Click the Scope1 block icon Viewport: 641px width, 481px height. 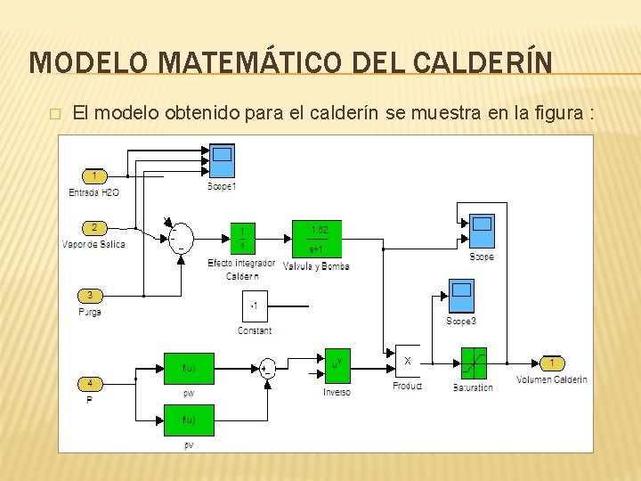pos(222,160)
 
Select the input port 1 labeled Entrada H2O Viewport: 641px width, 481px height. pos(94,175)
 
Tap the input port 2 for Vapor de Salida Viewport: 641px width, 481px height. pos(94,227)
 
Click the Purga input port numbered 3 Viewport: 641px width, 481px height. pos(90,295)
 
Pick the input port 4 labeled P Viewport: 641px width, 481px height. pos(90,384)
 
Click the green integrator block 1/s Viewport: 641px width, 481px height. pos(242,238)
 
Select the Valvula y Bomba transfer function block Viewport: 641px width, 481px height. pos(316,238)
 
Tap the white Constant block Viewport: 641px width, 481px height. pos(255,306)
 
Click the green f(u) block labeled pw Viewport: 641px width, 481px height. pos(189,368)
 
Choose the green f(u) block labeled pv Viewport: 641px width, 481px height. pos(189,420)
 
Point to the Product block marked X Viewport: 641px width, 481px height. pos(408,362)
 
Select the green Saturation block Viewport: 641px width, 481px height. pos(473,363)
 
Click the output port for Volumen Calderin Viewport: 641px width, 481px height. pos(552,363)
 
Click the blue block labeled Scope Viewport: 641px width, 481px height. pos(482,232)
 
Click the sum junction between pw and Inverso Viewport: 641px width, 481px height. pos(267,368)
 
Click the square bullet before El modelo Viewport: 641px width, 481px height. pos(55,114)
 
